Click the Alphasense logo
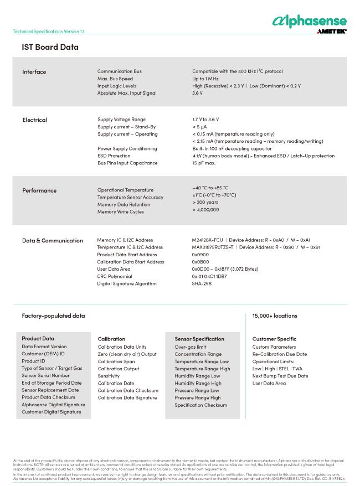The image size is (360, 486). [x=309, y=20]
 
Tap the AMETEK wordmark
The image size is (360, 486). [x=332, y=32]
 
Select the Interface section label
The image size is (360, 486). [x=34, y=72]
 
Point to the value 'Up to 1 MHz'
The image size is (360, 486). [x=207, y=79]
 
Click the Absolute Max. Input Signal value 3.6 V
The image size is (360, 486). [x=197, y=93]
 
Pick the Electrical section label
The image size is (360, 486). [x=34, y=120]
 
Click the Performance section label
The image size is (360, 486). [x=39, y=190]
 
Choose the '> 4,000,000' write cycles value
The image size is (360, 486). [x=205, y=210]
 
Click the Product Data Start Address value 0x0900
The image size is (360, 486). [x=200, y=255]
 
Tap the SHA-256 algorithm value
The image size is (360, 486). [x=202, y=283]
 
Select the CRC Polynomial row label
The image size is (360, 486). [x=115, y=276]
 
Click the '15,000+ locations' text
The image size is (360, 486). [x=275, y=316]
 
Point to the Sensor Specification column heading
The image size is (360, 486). [x=199, y=339]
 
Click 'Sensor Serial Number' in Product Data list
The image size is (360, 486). [x=45, y=375]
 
